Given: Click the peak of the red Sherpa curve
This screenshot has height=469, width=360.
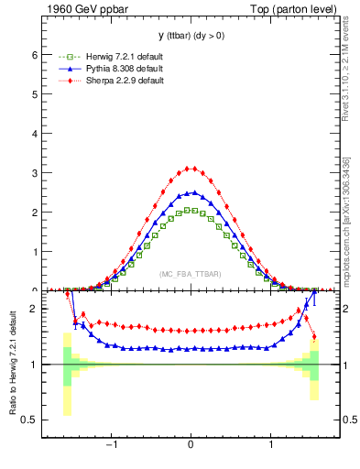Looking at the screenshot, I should pyautogui.click(x=191, y=168).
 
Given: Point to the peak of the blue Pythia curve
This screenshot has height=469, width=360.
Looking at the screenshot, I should pyautogui.click(x=191, y=192).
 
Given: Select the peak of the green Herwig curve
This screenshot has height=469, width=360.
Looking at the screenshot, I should pyautogui.click(x=191, y=210).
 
